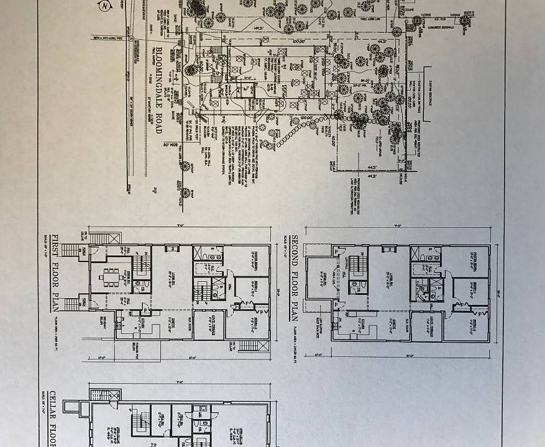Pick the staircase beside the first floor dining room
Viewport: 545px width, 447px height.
(142, 264)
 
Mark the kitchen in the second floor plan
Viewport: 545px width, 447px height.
(360, 323)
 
